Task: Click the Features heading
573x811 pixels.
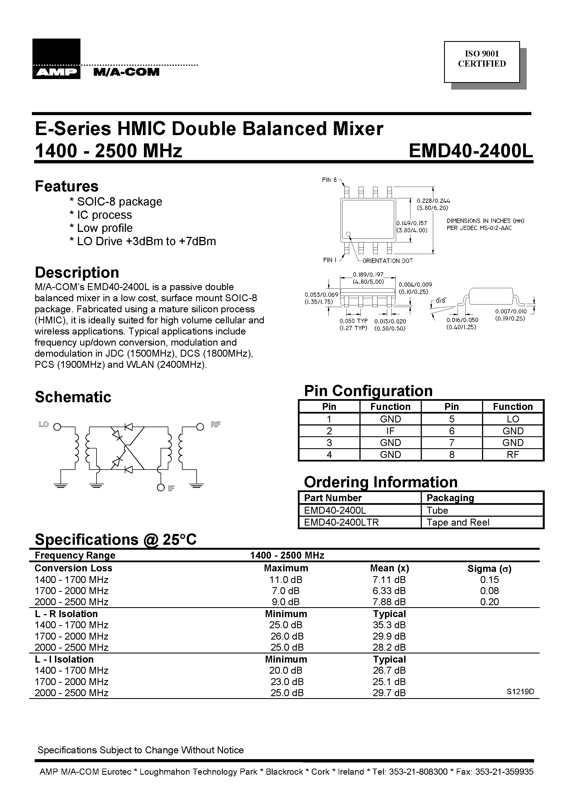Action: [x=66, y=186]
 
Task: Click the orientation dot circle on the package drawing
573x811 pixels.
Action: [x=348, y=234]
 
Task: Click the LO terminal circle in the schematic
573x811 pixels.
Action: [x=57, y=427]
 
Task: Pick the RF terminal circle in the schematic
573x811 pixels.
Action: [x=200, y=427]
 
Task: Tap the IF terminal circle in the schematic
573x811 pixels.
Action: [x=161, y=488]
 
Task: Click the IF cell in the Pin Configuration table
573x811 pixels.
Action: [x=390, y=431]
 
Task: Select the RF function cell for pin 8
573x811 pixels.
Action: [x=513, y=455]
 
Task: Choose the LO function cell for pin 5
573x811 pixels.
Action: [x=513, y=419]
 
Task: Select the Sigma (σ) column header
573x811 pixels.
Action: [x=489, y=569]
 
